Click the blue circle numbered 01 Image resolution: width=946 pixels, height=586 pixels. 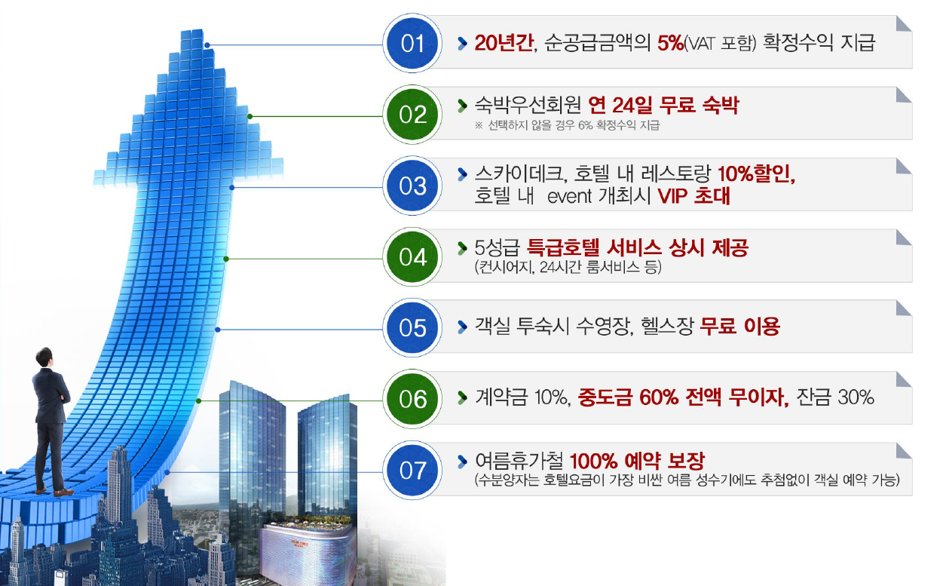point(412,43)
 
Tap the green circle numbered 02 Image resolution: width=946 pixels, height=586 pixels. point(412,115)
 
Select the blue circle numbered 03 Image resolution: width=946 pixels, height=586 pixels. point(412,186)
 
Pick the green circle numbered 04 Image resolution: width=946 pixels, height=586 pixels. point(412,257)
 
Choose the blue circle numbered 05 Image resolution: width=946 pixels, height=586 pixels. point(412,328)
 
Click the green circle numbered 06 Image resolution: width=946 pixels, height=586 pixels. point(412,399)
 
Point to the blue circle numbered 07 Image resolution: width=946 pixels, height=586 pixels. point(412,471)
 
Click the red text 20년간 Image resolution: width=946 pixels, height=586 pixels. point(504,43)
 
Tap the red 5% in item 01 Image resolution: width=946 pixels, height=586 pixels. point(670,43)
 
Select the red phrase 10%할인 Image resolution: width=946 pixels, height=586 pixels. point(756,173)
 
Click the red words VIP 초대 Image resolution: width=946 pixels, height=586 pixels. point(694,196)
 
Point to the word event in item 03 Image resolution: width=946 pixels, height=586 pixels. point(569,197)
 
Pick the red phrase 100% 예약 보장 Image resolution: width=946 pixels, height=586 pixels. point(637,461)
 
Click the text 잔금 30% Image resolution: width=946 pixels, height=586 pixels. point(835,397)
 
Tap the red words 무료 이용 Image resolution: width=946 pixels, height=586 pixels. point(740,326)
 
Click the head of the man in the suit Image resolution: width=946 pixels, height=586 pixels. point(44,357)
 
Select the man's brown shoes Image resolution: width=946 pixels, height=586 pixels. point(55,492)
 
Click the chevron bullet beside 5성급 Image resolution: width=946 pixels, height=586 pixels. point(462,248)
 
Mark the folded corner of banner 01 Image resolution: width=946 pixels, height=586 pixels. point(904,23)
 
